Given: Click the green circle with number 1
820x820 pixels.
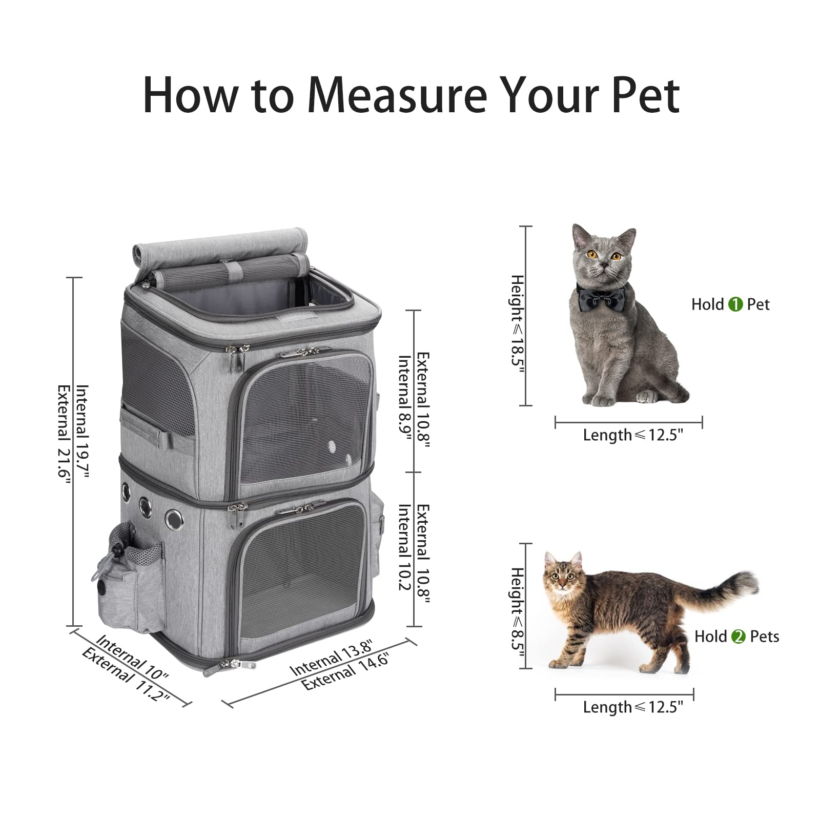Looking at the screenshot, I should [735, 304].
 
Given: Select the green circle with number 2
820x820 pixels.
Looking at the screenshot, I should [738, 637].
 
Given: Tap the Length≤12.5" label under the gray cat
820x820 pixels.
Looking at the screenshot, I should [632, 435].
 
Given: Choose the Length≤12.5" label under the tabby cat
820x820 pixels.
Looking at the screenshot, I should [632, 707].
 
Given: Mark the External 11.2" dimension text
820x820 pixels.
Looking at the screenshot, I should [125, 675].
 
